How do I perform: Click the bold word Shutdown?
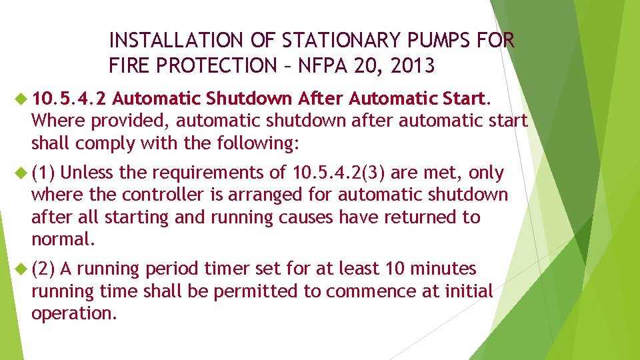249,100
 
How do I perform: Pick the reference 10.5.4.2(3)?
339,173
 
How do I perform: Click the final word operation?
74,313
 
